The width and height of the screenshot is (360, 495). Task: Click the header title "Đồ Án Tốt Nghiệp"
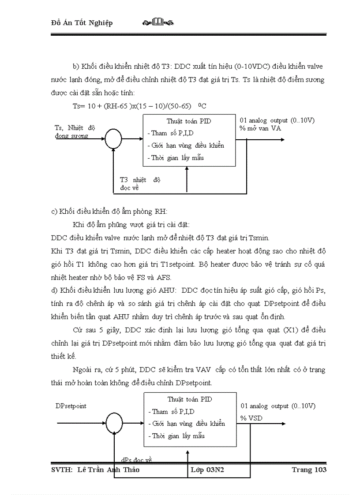tap(82, 23)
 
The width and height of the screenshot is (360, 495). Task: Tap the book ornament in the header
tap(158, 22)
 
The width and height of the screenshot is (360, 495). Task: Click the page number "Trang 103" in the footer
tap(309, 470)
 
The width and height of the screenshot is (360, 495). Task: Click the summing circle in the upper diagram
tap(114, 141)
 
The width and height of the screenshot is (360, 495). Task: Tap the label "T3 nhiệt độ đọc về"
tap(140, 184)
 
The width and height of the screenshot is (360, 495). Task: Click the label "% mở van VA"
tap(260, 129)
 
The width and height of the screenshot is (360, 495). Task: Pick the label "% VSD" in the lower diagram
tap(251, 418)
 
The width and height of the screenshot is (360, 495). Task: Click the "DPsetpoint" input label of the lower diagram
tap(71, 406)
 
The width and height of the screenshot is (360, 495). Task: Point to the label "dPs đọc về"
tap(136, 460)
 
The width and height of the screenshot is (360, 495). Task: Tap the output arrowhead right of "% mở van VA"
tap(282, 140)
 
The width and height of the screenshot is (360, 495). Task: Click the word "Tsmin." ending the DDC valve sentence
tap(259, 238)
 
